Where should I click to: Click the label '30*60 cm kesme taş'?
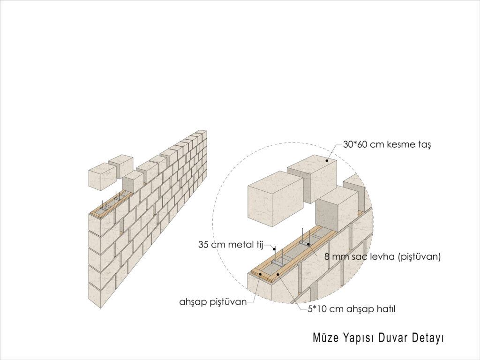(387, 144)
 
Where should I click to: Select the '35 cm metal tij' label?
(231, 245)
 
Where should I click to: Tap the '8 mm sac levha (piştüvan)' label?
(382, 256)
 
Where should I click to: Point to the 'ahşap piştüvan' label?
(213, 302)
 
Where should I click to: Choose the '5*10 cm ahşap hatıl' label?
(352, 309)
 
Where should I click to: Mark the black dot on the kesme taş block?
(327, 160)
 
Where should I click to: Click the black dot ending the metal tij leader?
(275, 249)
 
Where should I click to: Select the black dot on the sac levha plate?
(308, 244)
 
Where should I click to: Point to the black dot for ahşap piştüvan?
(260, 274)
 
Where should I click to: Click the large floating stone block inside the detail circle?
(276, 198)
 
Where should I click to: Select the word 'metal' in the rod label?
(235, 245)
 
